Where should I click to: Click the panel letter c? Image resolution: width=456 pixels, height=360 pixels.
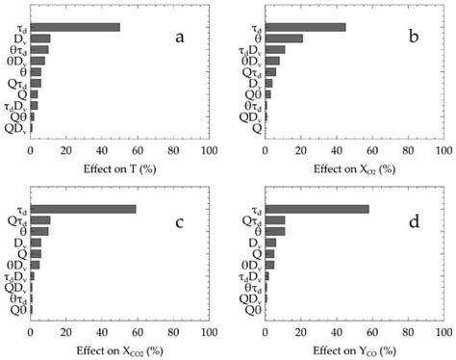pyautogui.click(x=179, y=223)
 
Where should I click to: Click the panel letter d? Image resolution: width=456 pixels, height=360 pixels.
pyautogui.click(x=413, y=223)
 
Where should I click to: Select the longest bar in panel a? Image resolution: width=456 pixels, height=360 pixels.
pyautogui.click(x=75, y=27)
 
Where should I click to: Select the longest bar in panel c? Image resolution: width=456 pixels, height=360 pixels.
pyautogui.click(x=83, y=209)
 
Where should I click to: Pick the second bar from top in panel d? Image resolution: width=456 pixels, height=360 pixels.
pyautogui.click(x=274, y=220)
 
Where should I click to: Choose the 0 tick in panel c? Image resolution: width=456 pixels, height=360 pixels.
pyautogui.click(x=31, y=334)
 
